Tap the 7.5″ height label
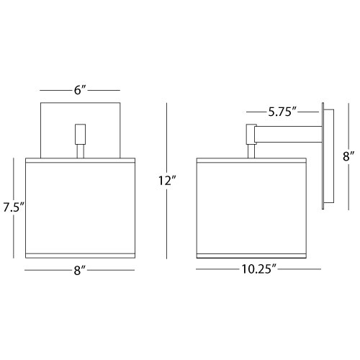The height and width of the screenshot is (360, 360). point(14,207)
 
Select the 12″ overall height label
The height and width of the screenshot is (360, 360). point(167,181)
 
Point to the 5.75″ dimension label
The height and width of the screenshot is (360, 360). point(283,112)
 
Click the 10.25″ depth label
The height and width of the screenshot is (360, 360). point(259,269)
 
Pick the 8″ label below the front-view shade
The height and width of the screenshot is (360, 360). point(80,270)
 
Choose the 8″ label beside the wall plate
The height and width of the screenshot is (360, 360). point(348,157)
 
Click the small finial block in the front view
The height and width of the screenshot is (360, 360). point(80,134)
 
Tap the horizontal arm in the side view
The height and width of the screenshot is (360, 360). point(288,135)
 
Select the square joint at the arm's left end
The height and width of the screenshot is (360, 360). point(251,134)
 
